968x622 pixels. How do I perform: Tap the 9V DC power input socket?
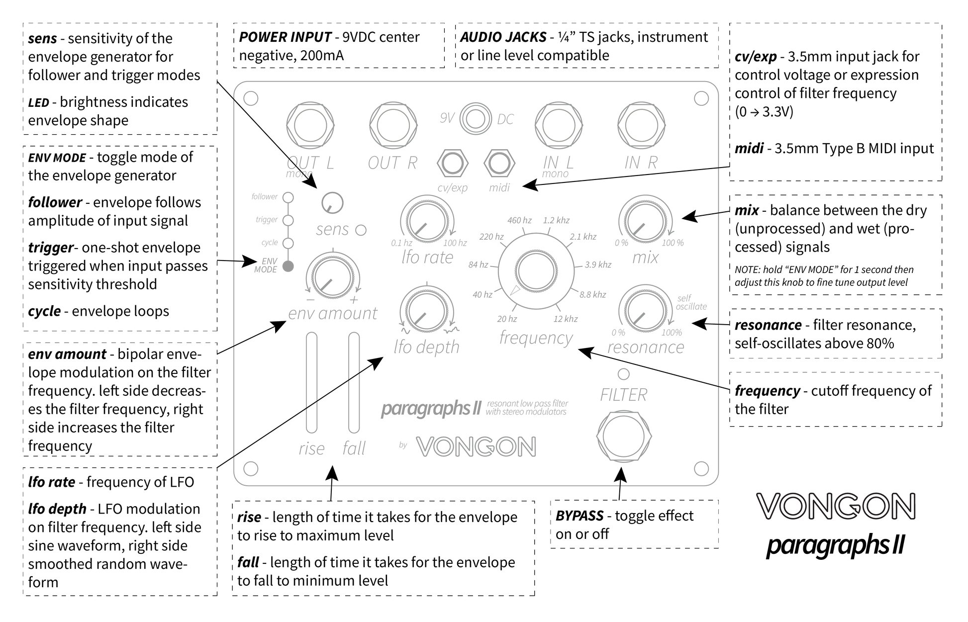point(476,119)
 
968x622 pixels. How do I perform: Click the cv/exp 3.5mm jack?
point(452,164)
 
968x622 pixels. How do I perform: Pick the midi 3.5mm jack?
point(499,164)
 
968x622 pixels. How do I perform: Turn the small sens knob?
point(332,203)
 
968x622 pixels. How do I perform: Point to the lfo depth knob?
point(426,311)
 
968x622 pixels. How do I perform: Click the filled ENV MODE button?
point(288,267)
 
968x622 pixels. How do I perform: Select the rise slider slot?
point(311,382)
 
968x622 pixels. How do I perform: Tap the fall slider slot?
point(354,382)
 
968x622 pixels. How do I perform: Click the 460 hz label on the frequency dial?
point(519,220)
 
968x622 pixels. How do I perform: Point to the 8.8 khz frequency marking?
point(592,295)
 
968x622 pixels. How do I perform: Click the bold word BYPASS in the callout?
point(580,516)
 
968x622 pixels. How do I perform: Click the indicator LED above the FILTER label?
point(623,374)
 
